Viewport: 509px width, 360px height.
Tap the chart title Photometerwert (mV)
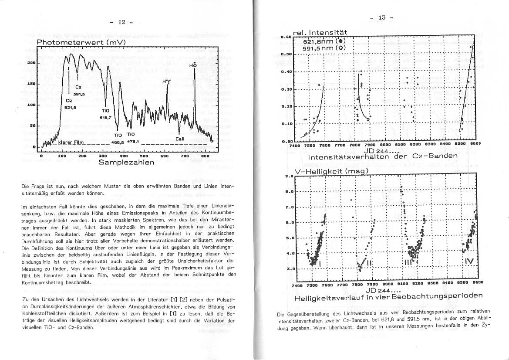pyautogui.click(x=81, y=42)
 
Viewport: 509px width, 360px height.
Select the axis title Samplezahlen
pyautogui.click(x=126, y=162)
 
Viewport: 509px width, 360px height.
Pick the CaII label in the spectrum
pyautogui.click(x=180, y=139)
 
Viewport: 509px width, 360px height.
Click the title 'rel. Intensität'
pyautogui.click(x=320, y=32)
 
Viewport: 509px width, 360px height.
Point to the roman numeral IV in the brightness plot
pyautogui.click(x=469, y=261)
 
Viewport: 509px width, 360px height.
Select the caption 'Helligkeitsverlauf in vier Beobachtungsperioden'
pyautogui.click(x=388, y=295)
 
